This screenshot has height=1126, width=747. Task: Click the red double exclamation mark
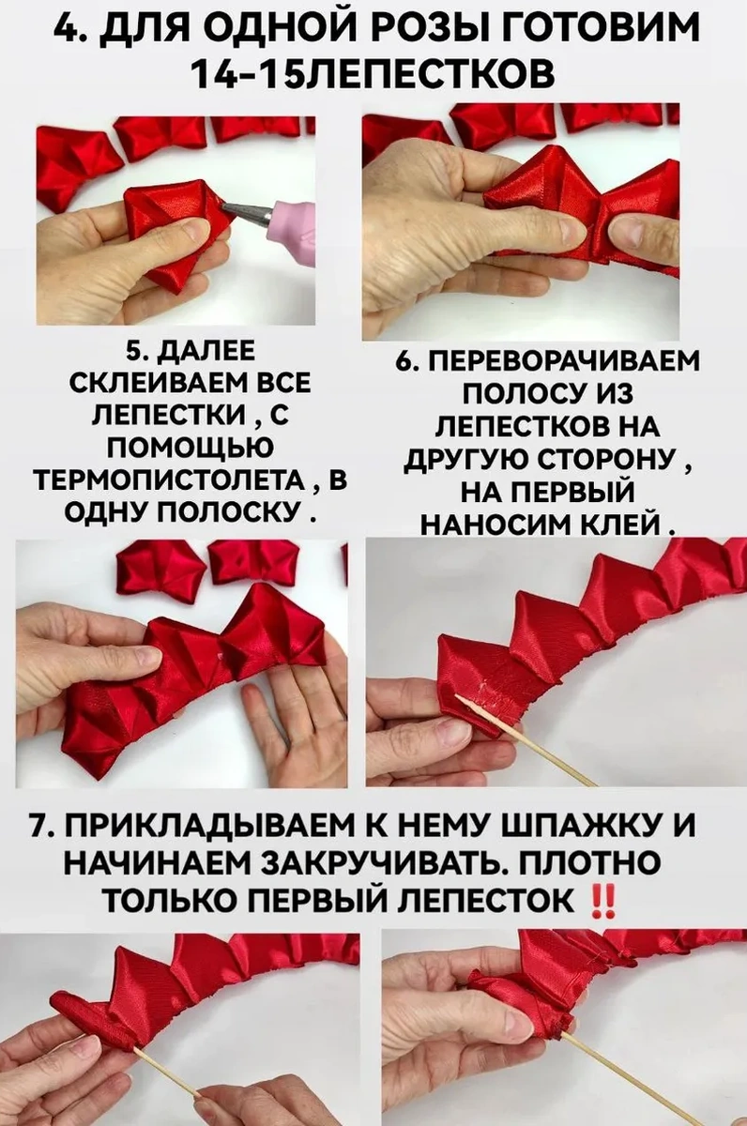click(x=604, y=902)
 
